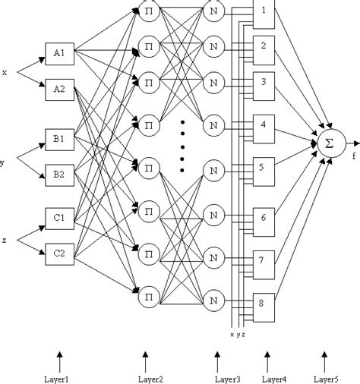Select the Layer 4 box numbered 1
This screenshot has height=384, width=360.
[263, 14]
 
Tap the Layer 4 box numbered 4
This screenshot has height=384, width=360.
[263, 124]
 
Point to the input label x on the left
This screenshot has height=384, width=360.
[5, 73]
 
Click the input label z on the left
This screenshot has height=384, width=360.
[5, 240]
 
